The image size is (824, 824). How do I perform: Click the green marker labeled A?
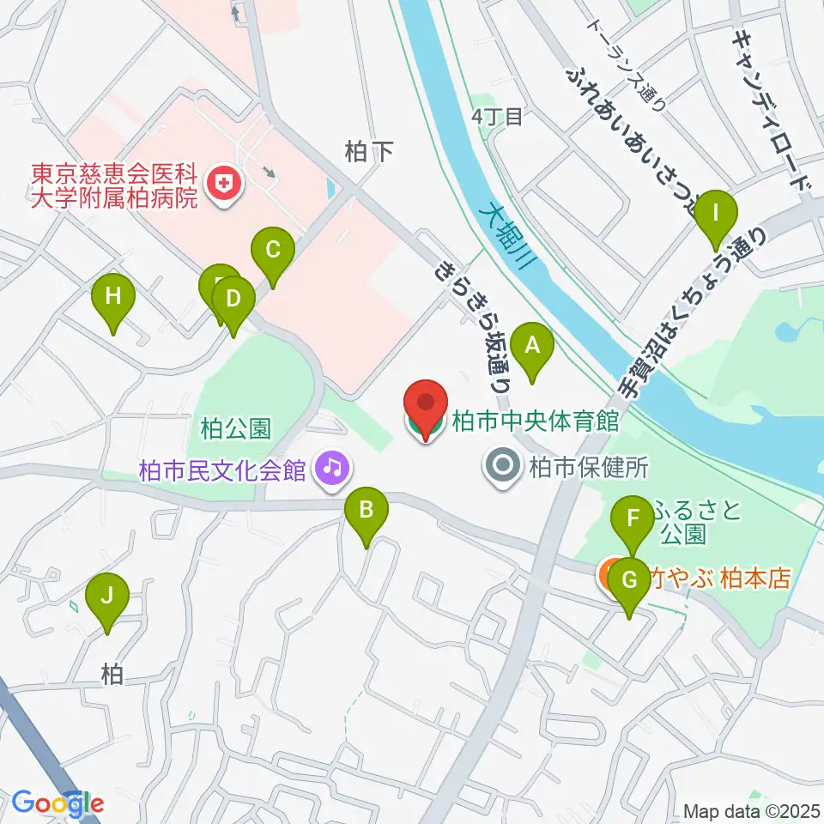(532, 347)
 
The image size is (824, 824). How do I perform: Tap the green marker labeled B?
(366, 512)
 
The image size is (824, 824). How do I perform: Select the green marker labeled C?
(273, 251)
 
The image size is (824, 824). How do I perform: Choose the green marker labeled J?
(107, 596)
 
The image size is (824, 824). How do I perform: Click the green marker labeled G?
(630, 581)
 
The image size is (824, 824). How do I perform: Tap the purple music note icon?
(329, 468)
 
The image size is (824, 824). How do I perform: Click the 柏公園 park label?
(236, 427)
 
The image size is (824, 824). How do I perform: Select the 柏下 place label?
(368, 153)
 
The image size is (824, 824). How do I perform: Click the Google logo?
(58, 803)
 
